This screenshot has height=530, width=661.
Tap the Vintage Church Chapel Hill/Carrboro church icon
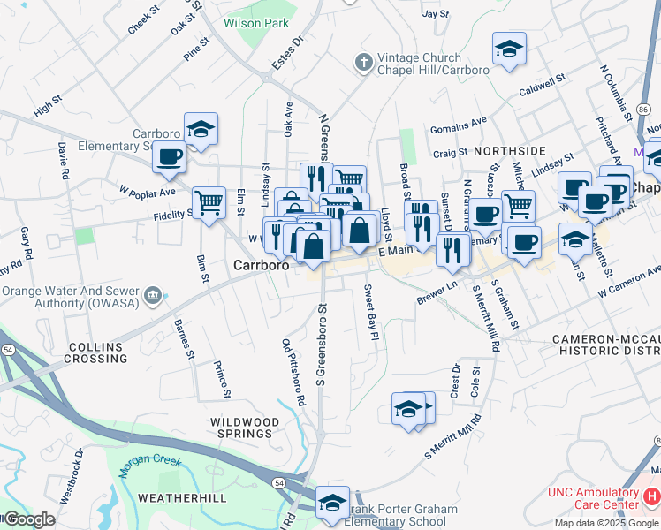(362, 62)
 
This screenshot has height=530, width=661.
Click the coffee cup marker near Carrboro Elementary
(169, 158)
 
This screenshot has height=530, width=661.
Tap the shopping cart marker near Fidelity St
(209, 202)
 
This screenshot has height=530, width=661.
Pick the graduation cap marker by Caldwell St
(509, 49)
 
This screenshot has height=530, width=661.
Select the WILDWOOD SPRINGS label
(240, 428)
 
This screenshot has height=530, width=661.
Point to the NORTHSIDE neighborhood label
(510, 151)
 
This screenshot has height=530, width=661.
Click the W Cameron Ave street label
(628, 282)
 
